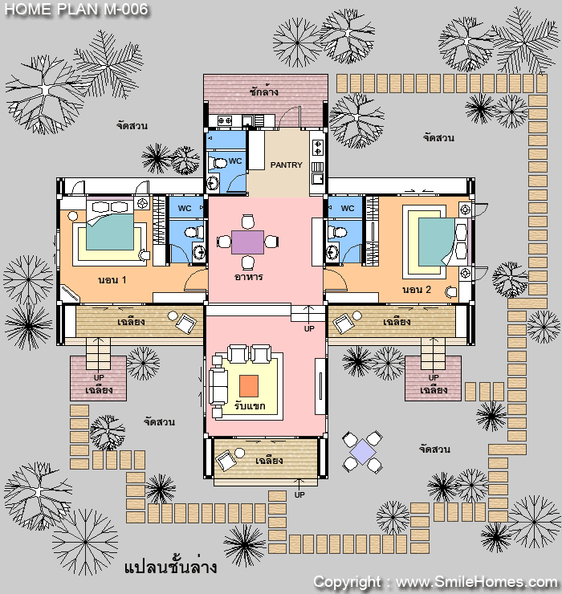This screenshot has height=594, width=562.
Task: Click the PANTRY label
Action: pos(286,165)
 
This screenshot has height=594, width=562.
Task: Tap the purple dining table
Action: pos(247,242)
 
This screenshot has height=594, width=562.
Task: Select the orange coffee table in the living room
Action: pos(249,386)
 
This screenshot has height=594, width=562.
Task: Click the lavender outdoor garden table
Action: pos(362,452)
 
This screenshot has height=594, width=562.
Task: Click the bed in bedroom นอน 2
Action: pos(442,242)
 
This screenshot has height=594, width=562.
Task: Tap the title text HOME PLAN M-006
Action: pos(76,10)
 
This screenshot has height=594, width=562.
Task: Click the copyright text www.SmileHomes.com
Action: pos(476,582)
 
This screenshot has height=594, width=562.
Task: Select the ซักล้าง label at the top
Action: pos(264,92)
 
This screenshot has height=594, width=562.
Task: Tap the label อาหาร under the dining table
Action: pos(249,277)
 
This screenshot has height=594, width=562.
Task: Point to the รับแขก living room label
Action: pos(250,406)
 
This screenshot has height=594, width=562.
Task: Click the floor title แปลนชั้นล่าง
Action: pos(171,567)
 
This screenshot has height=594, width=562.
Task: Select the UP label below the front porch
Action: pos(299,494)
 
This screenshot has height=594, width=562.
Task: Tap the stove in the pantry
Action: pos(318,148)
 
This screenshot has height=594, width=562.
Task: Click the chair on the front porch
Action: pos(226,460)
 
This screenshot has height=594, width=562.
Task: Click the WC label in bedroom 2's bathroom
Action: pos(348,209)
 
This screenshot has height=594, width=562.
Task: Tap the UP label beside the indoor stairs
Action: pos(309,329)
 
